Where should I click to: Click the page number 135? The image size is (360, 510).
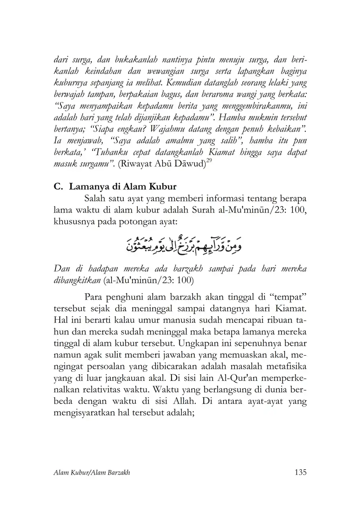[x=301, y=472]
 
